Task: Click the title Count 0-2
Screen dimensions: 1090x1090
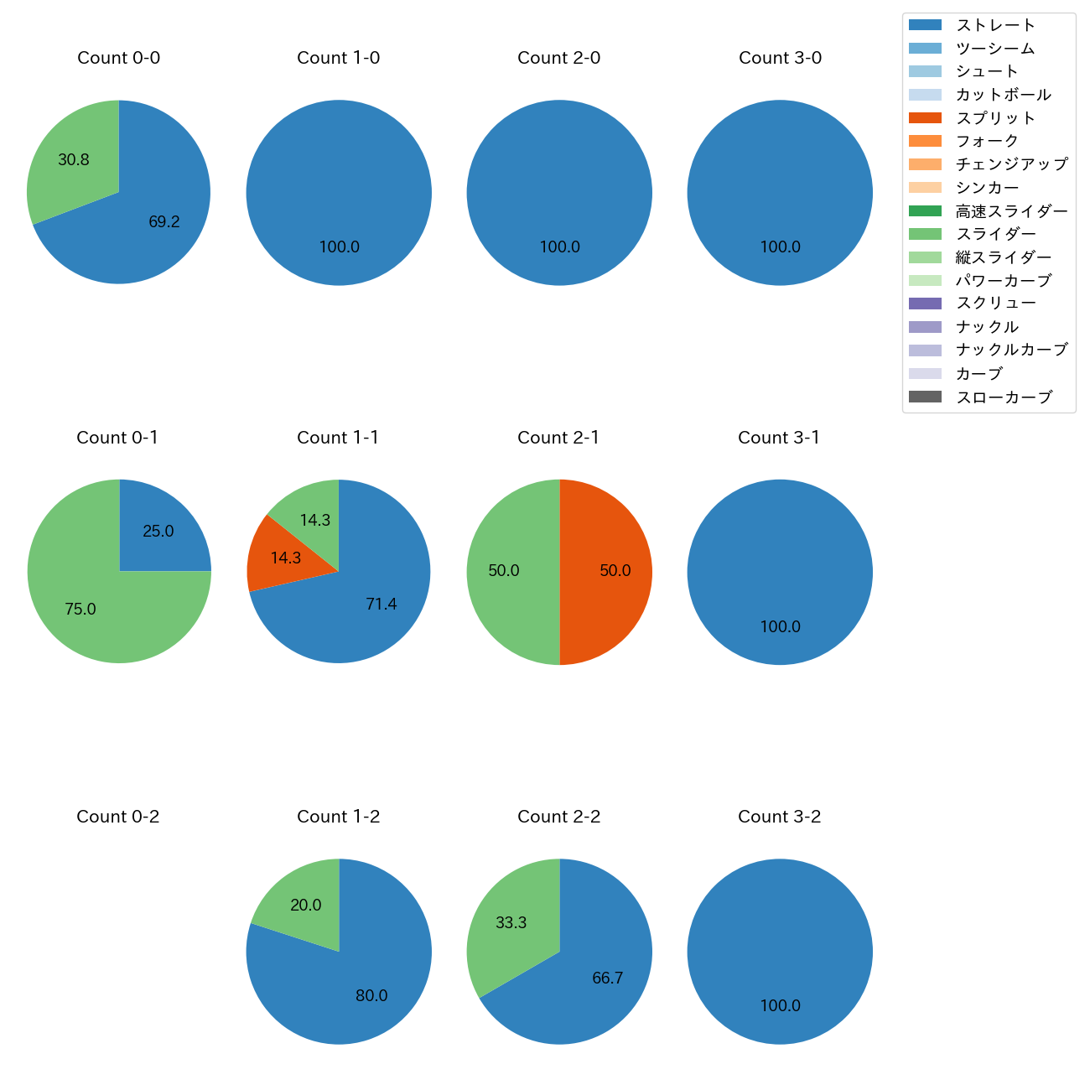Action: point(118,817)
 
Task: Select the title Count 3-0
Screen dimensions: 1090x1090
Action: point(780,58)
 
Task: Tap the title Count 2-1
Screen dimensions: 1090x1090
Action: point(558,438)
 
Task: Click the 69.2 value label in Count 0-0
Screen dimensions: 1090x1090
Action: point(164,222)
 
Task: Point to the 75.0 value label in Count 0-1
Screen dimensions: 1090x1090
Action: point(80,610)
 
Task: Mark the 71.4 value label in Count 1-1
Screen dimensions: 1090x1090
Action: point(381,604)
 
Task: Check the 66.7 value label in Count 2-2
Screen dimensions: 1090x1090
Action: point(607,978)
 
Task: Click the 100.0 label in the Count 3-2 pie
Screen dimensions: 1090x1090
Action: point(780,1006)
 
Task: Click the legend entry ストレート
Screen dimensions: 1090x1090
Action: point(995,25)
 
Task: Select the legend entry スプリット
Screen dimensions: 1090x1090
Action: point(995,118)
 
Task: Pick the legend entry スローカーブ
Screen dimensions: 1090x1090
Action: point(1004,397)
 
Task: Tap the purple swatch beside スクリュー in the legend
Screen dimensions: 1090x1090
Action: point(925,304)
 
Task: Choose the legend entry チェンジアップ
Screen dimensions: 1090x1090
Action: point(1011,164)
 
